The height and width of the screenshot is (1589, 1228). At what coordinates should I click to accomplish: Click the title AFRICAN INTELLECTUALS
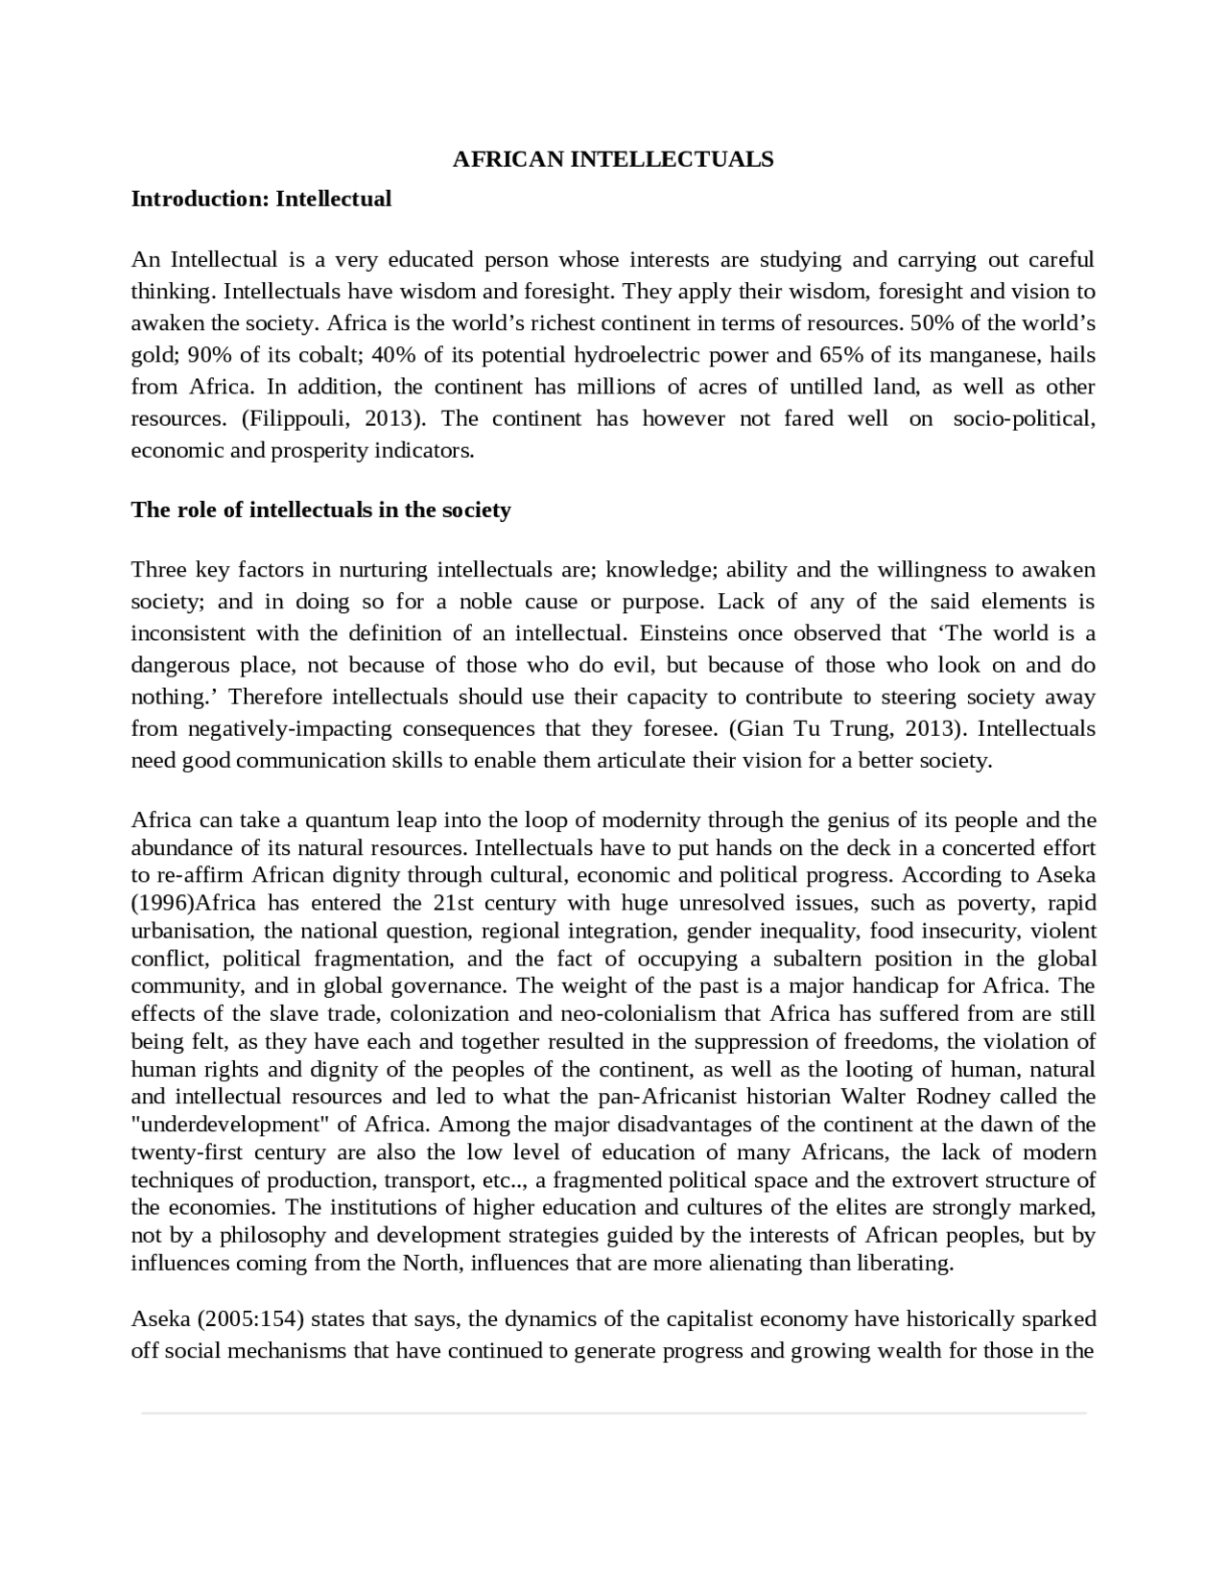click(612, 159)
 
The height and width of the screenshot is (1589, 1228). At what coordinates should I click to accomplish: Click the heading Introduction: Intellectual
click(261, 200)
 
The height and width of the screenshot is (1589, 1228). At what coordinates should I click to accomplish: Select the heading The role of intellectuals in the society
click(320, 510)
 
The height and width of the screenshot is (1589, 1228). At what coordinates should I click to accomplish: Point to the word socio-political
click(1024, 419)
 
